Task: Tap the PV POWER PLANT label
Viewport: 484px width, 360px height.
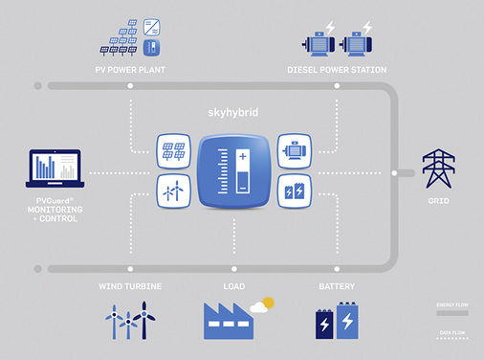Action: click(131, 69)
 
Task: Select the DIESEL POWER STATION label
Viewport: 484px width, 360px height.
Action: click(338, 69)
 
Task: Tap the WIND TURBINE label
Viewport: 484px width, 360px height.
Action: click(131, 286)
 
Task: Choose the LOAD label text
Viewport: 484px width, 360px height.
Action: click(234, 286)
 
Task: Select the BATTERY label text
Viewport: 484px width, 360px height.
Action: click(338, 286)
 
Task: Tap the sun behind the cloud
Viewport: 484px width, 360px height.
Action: click(268, 304)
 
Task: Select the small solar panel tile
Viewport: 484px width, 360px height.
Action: click(174, 152)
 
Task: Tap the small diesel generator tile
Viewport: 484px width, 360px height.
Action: click(293, 152)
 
